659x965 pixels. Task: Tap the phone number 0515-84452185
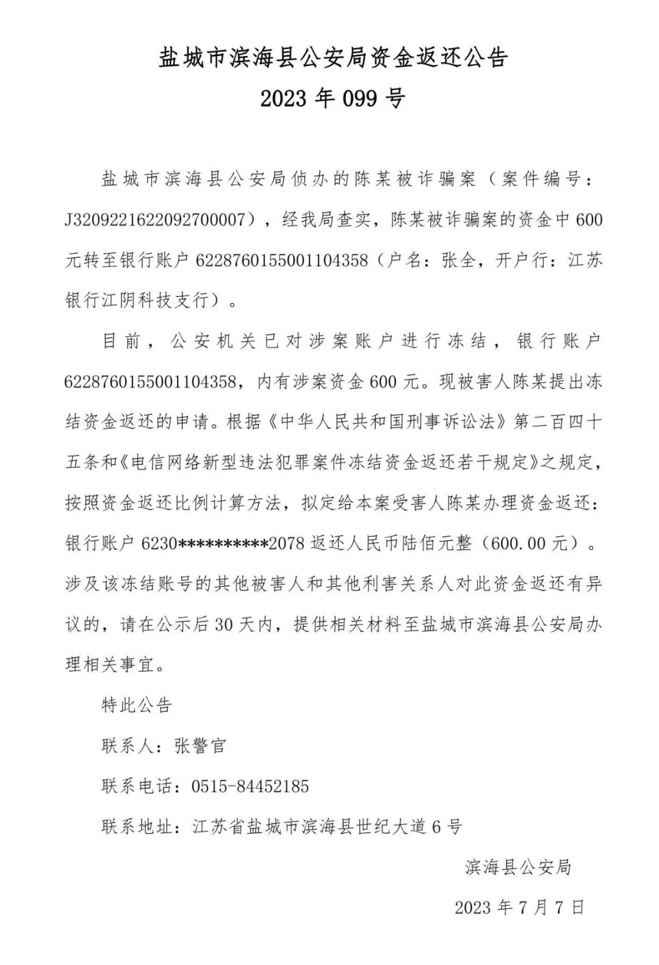click(250, 786)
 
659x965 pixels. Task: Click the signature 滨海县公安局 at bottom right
click(518, 867)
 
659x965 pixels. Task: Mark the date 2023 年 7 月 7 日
click(519, 907)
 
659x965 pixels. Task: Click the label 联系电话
click(137, 786)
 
